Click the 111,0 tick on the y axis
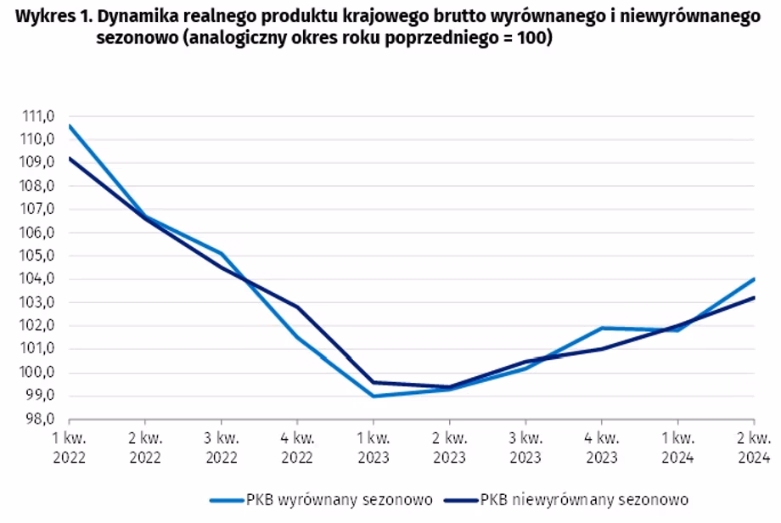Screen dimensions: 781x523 tap(38, 116)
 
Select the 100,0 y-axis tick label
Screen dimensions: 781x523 tap(38, 373)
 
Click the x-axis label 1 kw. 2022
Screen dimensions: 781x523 tap(70, 447)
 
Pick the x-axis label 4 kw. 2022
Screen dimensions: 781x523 tap(297, 447)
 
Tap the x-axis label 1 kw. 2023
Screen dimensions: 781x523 tap(374, 447)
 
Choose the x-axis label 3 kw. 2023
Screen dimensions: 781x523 tap(525, 447)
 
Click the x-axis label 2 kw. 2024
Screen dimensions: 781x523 tap(754, 447)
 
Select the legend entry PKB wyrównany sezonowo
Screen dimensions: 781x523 tap(321, 499)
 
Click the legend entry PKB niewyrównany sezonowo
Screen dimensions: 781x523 tap(566, 499)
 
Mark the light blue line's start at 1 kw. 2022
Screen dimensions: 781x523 tap(70, 126)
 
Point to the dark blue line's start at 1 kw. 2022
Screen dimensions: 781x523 tap(70, 159)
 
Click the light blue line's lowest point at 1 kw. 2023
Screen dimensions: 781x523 tap(374, 396)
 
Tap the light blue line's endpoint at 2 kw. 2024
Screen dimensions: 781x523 tap(754, 279)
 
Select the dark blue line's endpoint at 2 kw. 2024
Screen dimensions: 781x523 tap(754, 298)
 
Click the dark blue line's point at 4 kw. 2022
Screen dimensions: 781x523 tap(297, 307)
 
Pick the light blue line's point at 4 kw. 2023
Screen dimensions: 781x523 tap(602, 329)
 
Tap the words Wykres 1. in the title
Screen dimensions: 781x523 tap(53, 16)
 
